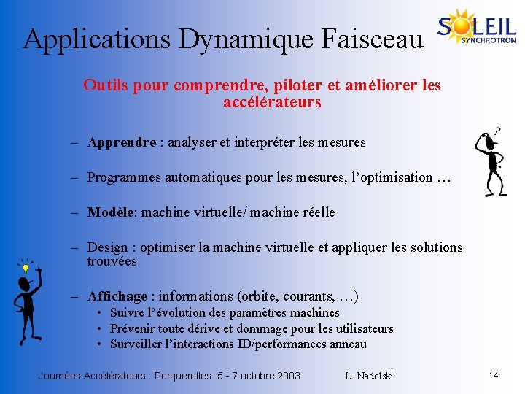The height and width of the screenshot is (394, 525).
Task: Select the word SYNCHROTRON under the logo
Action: click(x=489, y=41)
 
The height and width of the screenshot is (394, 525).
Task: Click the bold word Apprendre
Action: click(x=121, y=142)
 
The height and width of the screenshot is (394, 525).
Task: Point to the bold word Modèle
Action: click(x=112, y=212)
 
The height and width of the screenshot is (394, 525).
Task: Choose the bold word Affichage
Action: click(x=117, y=296)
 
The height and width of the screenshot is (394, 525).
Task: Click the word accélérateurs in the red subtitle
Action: click(x=272, y=102)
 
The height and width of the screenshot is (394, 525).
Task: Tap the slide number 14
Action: click(x=493, y=376)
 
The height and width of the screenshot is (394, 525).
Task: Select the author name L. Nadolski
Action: click(x=369, y=376)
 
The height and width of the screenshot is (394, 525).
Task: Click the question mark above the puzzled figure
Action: click(x=497, y=131)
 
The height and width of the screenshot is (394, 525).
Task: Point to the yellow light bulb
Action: click(x=26, y=269)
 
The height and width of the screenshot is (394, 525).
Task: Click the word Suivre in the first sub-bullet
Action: click(x=126, y=312)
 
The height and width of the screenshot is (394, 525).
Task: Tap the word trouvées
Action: click(x=112, y=261)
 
